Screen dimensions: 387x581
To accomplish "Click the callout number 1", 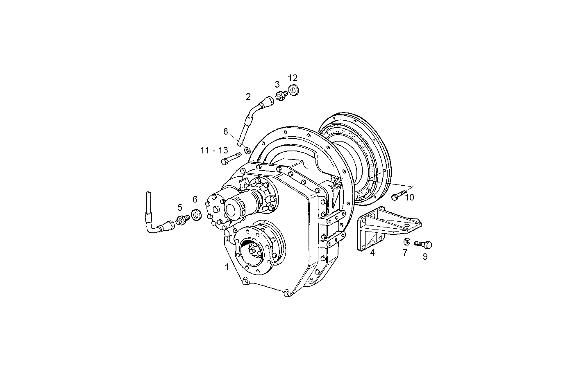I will [227, 267].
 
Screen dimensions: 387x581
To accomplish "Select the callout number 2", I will [248, 97].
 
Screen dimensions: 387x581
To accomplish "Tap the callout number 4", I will [372, 253].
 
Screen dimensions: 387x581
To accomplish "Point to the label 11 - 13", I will [214, 151].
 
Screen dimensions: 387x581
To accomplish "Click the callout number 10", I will [409, 198].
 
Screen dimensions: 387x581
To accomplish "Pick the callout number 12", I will [293, 78].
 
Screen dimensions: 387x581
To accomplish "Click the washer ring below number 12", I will [294, 90].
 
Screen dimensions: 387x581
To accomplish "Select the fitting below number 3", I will [281, 97].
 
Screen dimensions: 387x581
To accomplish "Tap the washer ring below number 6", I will [196, 215].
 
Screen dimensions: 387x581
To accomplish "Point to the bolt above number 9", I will [423, 244].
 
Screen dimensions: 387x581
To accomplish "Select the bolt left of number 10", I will [398, 196].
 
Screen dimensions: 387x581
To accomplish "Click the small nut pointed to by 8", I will [247, 150].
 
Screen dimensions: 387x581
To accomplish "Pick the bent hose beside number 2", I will [254, 117].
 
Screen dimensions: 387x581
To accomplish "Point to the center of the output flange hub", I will [253, 250].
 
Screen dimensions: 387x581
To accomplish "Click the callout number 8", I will [225, 131].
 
